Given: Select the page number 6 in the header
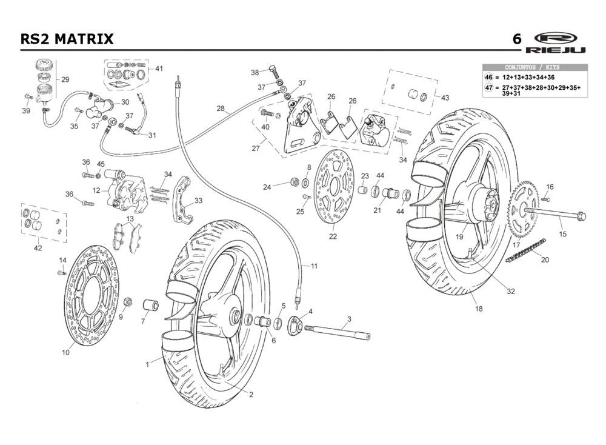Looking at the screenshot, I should pos(516,39).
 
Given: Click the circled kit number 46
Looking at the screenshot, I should pos(489,78).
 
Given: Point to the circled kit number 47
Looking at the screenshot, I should pos(489,89).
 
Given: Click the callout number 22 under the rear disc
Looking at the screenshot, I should pos(333,236).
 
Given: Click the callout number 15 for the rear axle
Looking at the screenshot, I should pos(562,234).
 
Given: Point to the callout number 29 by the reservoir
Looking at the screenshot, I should pos(65,79).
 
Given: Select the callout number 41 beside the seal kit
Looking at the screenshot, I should pos(159,69).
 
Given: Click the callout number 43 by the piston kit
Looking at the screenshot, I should pos(445,98).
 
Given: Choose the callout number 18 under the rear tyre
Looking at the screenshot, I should pos(479,309).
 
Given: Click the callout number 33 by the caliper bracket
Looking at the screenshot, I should pos(198,201).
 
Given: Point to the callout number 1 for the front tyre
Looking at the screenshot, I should pos(147,364).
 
